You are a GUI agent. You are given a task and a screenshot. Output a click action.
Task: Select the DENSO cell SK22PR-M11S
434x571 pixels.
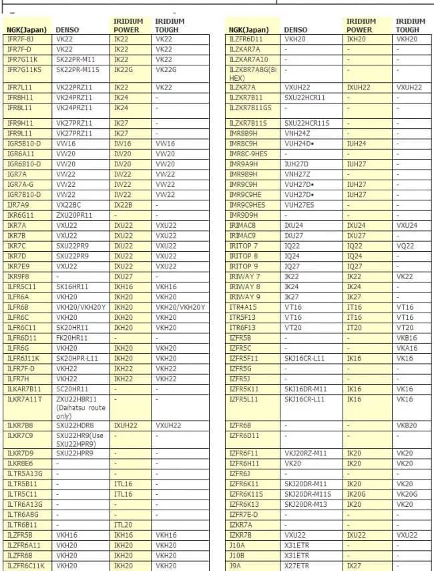77,69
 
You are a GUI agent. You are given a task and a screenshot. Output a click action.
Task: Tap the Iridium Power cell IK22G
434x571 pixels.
124,69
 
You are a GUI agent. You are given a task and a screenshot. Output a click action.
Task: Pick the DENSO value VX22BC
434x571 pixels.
69,205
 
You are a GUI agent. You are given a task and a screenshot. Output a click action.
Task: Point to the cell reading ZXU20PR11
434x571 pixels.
74,215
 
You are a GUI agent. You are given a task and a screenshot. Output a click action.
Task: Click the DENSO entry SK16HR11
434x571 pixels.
71,287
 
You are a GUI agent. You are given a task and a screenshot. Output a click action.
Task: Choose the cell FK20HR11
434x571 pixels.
71,338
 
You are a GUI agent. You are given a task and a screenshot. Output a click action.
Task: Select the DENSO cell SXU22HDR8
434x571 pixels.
75,425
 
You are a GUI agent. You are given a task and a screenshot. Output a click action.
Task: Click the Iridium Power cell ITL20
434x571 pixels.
123,525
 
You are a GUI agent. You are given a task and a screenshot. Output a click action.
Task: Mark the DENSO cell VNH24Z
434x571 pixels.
297,134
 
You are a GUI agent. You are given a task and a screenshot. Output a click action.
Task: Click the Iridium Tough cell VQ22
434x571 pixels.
405,246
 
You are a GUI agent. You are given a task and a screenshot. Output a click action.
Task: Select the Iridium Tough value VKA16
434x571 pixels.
406,348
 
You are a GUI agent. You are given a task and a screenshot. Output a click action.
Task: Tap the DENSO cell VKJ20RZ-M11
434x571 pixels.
305,453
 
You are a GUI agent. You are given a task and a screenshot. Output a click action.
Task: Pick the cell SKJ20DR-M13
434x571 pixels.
306,504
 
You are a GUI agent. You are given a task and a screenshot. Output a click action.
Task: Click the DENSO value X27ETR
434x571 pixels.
297,566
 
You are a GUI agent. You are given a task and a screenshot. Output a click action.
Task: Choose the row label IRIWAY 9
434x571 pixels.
244,297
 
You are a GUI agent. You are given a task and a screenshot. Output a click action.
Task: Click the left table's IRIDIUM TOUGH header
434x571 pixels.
170,25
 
